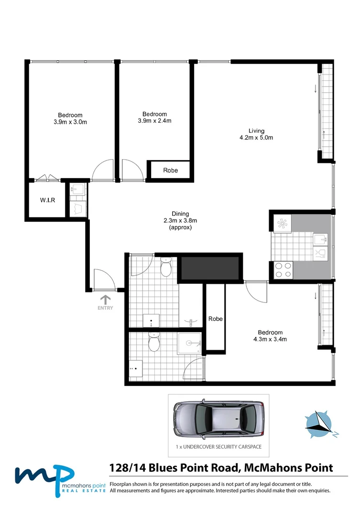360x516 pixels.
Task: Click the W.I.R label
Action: [x=47, y=200]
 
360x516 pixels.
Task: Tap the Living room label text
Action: [x=256, y=134]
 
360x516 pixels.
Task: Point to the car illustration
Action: [x=218, y=418]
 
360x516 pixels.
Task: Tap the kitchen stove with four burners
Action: [x=282, y=270]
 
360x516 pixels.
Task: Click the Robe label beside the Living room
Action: [x=170, y=171]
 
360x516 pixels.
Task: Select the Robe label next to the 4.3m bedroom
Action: [x=216, y=319]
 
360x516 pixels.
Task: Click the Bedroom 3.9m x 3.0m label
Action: [x=70, y=118]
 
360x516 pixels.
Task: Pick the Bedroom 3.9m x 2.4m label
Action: [x=154, y=117]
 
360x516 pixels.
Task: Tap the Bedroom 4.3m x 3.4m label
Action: [x=270, y=336]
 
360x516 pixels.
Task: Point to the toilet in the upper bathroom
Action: [x=165, y=268]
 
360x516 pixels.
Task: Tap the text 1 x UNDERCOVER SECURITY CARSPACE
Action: [x=218, y=448]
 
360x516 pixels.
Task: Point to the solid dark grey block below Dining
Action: [x=210, y=267]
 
